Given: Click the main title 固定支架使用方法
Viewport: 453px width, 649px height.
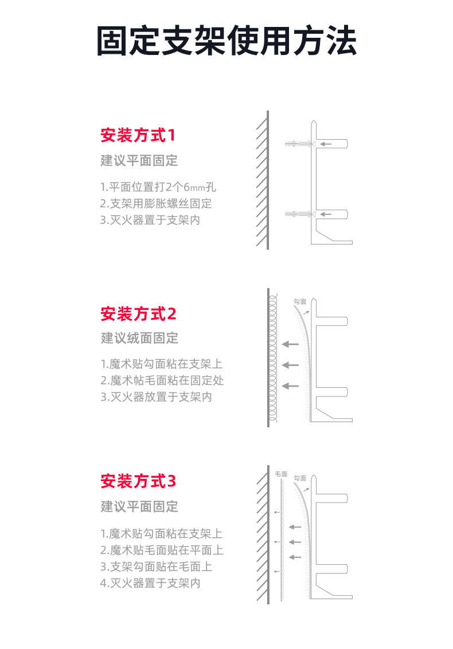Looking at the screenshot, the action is point(226,41).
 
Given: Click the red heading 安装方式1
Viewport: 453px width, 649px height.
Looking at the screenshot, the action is point(138,135).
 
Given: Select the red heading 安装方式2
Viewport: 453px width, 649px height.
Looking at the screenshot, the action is point(138,314).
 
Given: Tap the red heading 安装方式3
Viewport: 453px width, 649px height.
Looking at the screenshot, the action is point(138,481).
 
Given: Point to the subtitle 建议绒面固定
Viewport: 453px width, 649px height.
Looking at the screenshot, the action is point(139,338).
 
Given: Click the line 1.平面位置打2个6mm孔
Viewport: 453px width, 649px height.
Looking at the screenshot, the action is point(158,187).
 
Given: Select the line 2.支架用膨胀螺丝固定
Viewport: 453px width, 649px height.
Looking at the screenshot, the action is point(156,204).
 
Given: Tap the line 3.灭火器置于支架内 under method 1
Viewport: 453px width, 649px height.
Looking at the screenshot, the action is point(150,220).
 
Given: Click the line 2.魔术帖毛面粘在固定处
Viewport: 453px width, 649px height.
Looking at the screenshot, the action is point(162,380).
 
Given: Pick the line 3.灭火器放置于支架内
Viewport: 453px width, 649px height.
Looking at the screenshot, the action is point(156,397).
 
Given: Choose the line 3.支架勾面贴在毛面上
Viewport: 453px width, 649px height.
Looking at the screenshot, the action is point(156,567).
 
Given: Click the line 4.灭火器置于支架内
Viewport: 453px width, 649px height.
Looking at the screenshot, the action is point(150,583).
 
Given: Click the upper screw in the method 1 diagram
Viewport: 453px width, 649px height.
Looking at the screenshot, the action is point(300,144).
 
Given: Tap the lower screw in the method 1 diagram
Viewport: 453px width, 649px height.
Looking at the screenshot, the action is point(300,214).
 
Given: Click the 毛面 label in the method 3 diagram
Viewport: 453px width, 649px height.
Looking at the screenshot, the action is point(281,474).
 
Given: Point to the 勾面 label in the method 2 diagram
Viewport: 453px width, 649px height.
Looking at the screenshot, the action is point(300,302).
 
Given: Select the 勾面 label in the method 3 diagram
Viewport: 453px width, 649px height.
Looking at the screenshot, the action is point(300,478).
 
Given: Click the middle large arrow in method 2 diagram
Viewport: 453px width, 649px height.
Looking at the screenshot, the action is point(290,365).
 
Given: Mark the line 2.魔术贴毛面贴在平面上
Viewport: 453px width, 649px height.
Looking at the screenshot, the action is point(162,550).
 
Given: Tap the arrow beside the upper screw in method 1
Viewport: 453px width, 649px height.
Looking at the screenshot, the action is point(326,144).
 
